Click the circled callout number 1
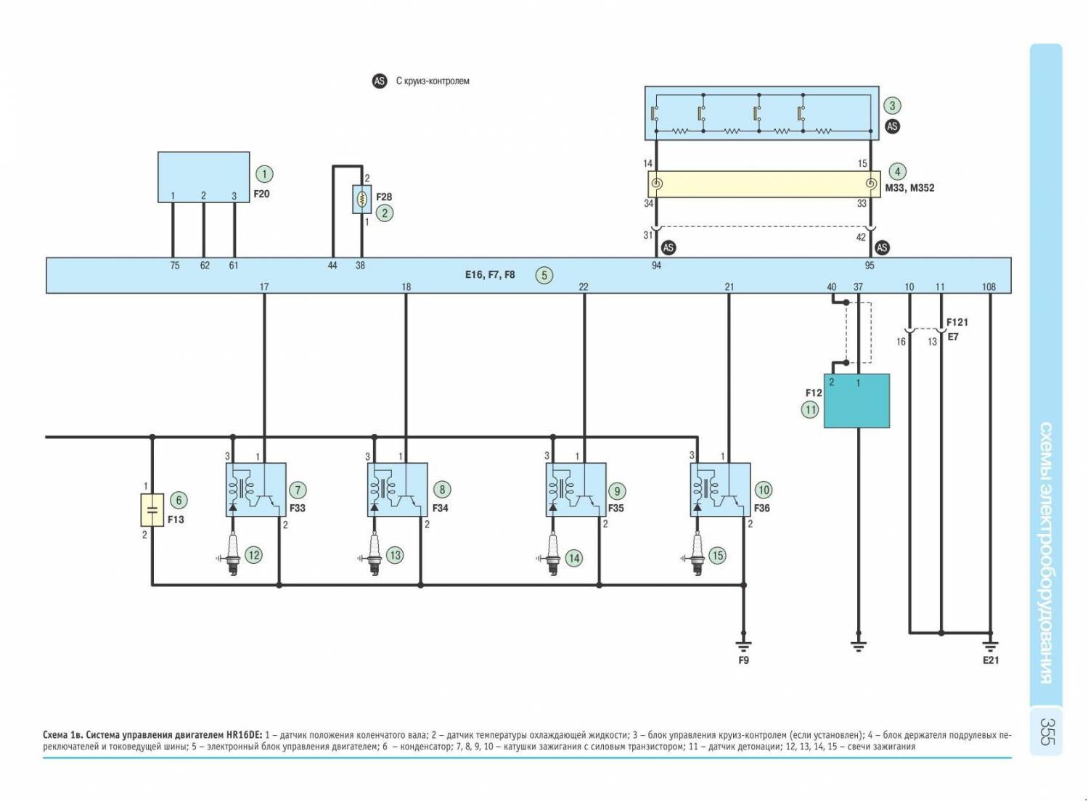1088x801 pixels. pyautogui.click(x=265, y=174)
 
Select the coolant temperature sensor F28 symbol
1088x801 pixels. pyautogui.click(x=361, y=199)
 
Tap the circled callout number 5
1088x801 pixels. pyautogui.click(x=544, y=275)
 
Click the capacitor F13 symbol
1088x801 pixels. pyautogui.click(x=152, y=510)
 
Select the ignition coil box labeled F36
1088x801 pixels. pyautogui.click(x=719, y=490)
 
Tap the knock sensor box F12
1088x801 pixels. pyautogui.click(x=856, y=400)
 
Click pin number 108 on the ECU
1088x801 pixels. pyautogui.click(x=989, y=287)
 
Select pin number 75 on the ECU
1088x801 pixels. pyautogui.click(x=175, y=266)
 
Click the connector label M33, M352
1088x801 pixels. pyautogui.click(x=910, y=188)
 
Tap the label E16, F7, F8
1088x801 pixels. pyautogui.click(x=490, y=275)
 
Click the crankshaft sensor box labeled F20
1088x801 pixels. pyautogui.click(x=204, y=177)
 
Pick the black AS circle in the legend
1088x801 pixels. pyautogui.click(x=380, y=81)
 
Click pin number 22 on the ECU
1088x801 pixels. pyautogui.click(x=584, y=287)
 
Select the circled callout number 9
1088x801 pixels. pyautogui.click(x=617, y=491)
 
